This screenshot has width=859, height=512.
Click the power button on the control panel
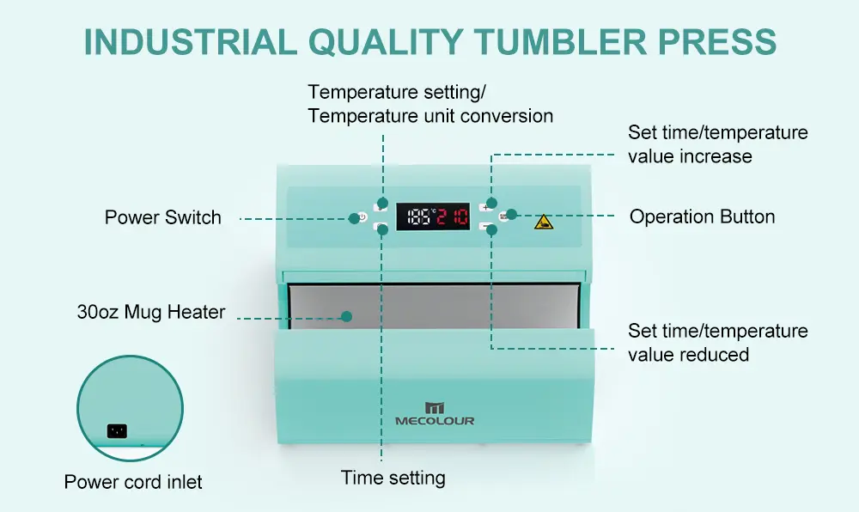click(362, 218)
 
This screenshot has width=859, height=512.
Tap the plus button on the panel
click(485, 207)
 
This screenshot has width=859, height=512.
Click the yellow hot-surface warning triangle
click(544, 222)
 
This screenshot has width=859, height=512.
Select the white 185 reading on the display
click(420, 216)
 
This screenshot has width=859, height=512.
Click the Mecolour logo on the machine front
click(435, 413)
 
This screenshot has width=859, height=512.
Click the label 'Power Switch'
click(162, 217)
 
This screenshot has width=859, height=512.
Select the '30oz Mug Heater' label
click(150, 312)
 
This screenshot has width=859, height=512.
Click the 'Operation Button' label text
click(702, 216)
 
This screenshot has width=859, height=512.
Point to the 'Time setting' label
click(393, 478)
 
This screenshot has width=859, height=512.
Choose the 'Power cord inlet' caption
click(133, 482)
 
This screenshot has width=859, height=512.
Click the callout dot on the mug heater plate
click(346, 316)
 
